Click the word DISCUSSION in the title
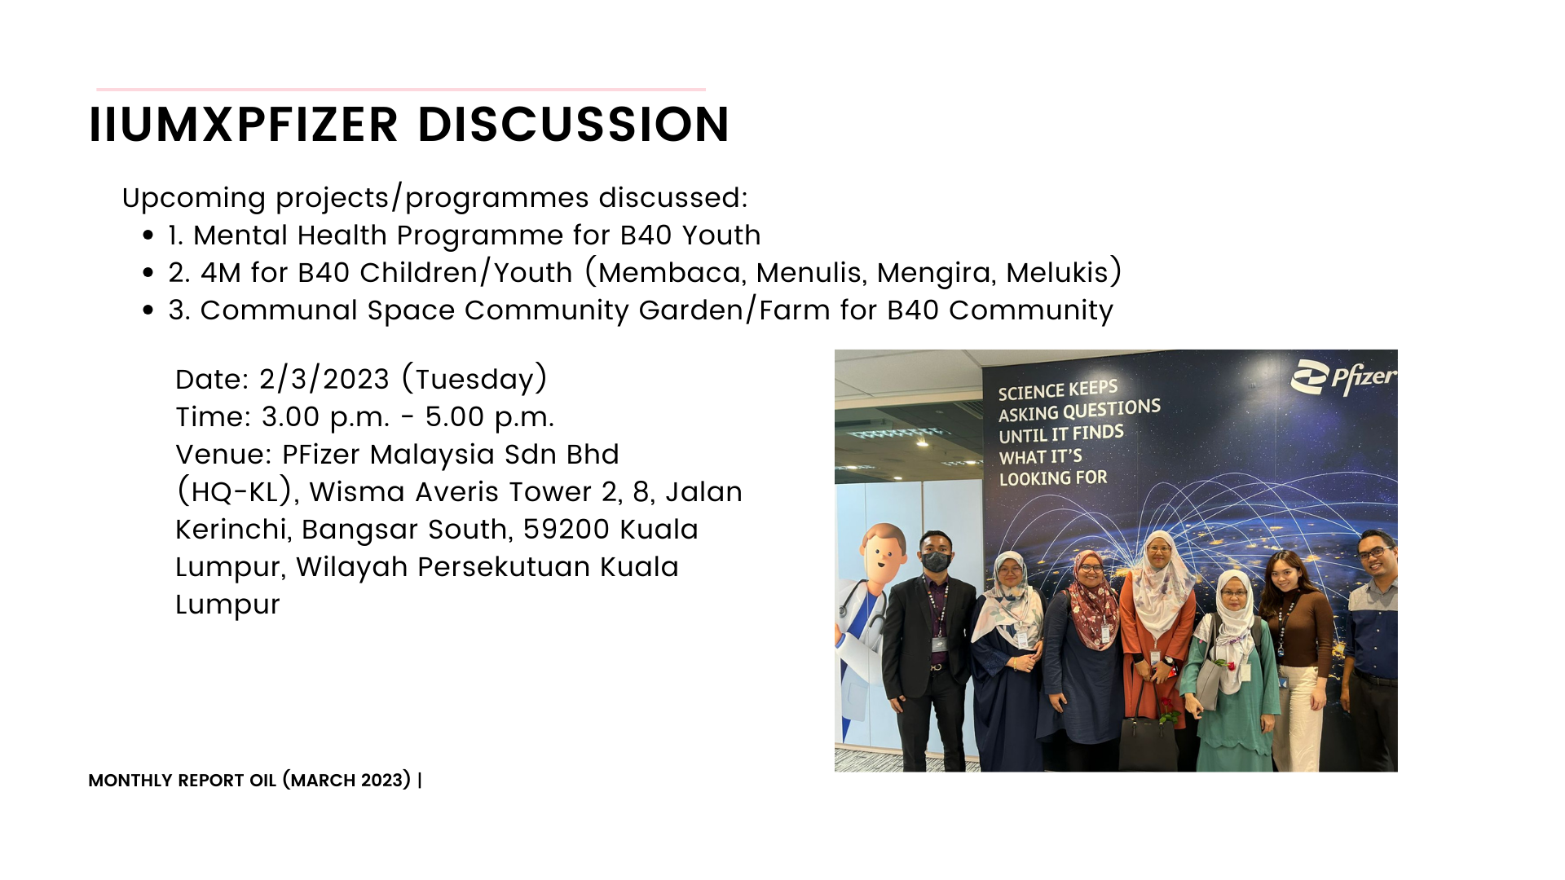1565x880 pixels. coord(574,125)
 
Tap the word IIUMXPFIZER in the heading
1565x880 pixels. coord(244,125)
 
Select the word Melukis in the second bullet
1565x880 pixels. coord(1057,272)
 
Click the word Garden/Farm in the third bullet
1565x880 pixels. coord(734,310)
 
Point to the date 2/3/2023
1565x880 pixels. coord(324,379)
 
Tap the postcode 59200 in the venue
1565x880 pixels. coord(566,530)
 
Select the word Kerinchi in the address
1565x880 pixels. coord(234,530)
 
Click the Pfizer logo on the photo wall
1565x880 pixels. coord(1343,378)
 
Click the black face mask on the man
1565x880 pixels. coord(936,561)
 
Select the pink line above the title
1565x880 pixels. coord(401,89)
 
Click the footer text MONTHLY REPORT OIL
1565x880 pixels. coord(183,781)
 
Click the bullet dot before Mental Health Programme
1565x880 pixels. coord(148,235)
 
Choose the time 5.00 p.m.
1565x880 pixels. coord(489,417)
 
